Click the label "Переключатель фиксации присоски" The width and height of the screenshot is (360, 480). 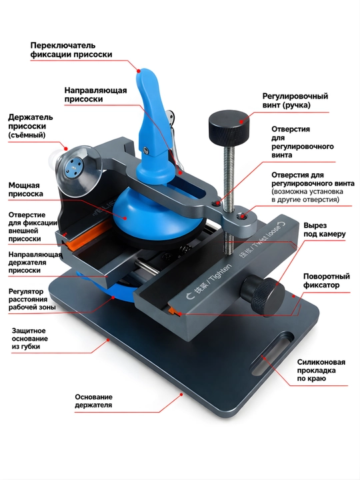pos(71,50)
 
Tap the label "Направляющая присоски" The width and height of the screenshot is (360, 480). pos(95,95)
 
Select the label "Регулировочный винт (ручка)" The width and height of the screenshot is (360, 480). pos(295,101)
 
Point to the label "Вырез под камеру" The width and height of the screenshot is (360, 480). pos(325,230)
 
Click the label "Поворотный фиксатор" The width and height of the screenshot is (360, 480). pos(326,281)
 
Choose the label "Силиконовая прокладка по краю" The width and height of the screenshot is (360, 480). pos(321,370)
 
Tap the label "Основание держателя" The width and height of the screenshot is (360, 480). pos(94,401)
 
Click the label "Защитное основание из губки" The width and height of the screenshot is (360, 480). pos(30,339)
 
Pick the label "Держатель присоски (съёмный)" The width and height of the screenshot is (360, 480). pos(30,126)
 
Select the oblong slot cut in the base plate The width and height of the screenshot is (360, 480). pos(271,353)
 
